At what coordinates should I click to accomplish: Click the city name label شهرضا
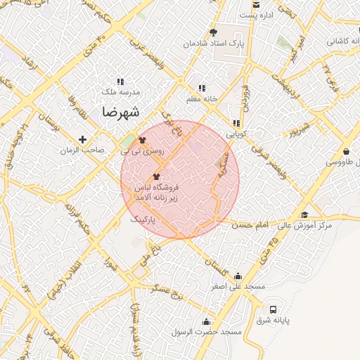pyautogui.click(x=120, y=112)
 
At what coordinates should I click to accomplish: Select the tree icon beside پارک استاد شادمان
pyautogui.click(x=214, y=32)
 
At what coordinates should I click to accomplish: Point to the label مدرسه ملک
pyautogui.click(x=122, y=92)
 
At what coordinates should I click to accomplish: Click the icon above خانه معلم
pyautogui.click(x=202, y=88)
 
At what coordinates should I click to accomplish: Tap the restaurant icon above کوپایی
pyautogui.click(x=236, y=123)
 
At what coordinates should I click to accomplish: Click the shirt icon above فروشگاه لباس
pyautogui.click(x=155, y=176)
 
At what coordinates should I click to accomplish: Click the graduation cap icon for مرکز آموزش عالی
pyautogui.click(x=304, y=214)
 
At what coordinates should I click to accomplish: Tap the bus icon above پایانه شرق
pyautogui.click(x=273, y=309)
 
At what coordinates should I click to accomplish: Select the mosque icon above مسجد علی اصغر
pyautogui.click(x=238, y=276)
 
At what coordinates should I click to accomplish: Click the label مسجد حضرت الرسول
pyautogui.click(x=211, y=330)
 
